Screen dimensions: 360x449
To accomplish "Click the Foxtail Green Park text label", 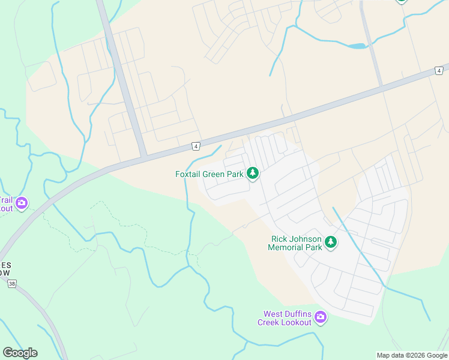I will click(x=209, y=174).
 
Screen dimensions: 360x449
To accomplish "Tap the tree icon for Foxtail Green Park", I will click(x=253, y=173).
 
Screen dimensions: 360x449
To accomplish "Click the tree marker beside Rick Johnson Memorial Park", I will click(x=330, y=242).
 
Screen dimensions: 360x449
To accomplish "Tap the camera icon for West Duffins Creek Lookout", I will click(x=321, y=317).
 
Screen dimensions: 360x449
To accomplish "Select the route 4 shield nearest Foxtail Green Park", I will click(x=196, y=146).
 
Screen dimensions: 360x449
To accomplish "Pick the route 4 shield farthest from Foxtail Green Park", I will click(x=439, y=70).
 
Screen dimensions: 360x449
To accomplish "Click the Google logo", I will click(x=20, y=353).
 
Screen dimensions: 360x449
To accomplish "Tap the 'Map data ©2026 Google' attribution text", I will click(x=412, y=355).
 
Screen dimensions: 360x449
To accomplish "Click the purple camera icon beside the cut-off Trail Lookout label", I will click(x=22, y=203).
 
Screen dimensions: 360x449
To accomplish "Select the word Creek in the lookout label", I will click(x=270, y=322).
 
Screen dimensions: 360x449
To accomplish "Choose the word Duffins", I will click(x=298, y=314).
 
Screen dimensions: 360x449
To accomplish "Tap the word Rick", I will click(x=280, y=239).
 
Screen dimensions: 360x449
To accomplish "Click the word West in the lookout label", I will click(x=273, y=314).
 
